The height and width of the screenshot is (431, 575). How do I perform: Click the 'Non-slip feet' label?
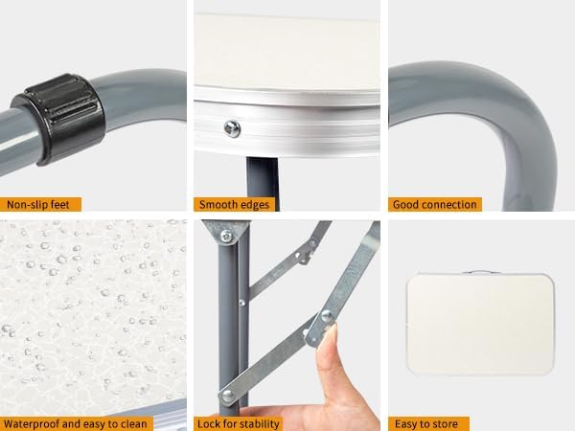click(x=37, y=205)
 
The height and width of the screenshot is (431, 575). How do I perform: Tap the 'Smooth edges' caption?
click(x=234, y=205)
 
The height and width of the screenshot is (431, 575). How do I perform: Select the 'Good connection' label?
click(x=434, y=205)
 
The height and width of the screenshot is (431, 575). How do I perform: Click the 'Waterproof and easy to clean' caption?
click(x=75, y=424)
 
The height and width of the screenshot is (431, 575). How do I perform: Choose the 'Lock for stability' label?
click(x=239, y=424)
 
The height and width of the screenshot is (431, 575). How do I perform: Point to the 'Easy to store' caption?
click(x=426, y=424)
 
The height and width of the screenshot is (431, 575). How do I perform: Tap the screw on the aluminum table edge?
click(x=232, y=129)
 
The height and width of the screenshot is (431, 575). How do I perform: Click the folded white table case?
click(x=480, y=325)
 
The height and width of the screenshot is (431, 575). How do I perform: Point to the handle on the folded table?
click(x=480, y=272)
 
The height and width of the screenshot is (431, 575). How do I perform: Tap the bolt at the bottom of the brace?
click(x=228, y=395)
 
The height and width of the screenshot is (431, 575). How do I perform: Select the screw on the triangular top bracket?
click(x=226, y=236)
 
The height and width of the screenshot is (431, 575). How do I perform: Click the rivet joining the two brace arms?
click(x=327, y=315)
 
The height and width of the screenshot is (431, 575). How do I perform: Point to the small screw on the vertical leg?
click(x=242, y=303)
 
